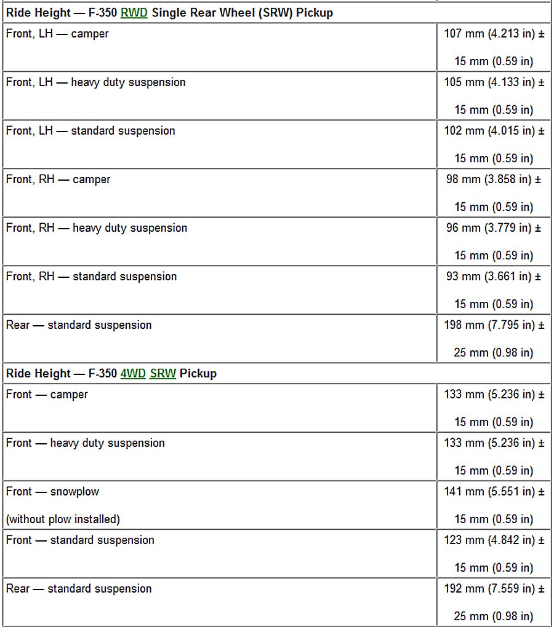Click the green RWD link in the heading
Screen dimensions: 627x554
[134, 13]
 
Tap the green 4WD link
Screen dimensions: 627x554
[133, 374]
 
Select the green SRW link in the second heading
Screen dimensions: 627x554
[163, 374]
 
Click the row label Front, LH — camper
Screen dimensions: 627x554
[57, 34]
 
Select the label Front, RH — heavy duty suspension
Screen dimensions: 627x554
[97, 228]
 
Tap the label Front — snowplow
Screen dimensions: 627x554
[52, 492]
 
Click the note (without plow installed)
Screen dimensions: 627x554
[63, 519]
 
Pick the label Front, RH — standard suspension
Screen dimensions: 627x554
[92, 277]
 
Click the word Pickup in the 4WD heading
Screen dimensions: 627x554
[198, 374]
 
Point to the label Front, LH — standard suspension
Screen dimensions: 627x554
[90, 131]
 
